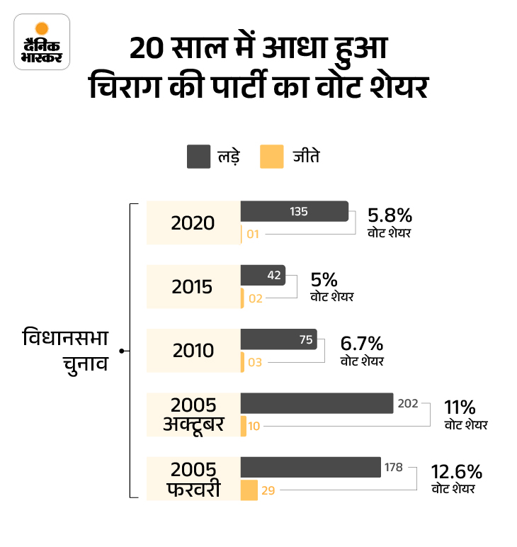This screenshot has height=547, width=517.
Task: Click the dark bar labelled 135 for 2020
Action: tap(294, 211)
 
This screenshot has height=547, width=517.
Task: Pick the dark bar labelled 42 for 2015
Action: tap(263, 275)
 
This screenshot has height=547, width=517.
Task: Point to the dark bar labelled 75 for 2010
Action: tap(278, 339)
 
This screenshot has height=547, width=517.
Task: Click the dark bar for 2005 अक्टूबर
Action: tap(317, 403)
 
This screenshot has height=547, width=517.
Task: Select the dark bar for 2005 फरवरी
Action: tap(311, 468)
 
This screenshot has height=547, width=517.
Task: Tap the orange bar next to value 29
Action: tap(249, 490)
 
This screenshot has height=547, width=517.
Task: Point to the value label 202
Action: tap(408, 404)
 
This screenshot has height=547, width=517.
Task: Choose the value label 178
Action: tap(394, 468)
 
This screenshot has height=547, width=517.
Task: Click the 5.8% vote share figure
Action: tap(390, 215)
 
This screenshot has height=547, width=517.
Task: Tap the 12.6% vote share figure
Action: tap(457, 472)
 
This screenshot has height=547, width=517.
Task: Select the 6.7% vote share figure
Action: tap(362, 344)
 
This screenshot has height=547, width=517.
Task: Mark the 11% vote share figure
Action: tap(460, 408)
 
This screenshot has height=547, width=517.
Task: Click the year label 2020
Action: tap(193, 222)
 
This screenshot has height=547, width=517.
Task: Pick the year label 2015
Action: tap(193, 287)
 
